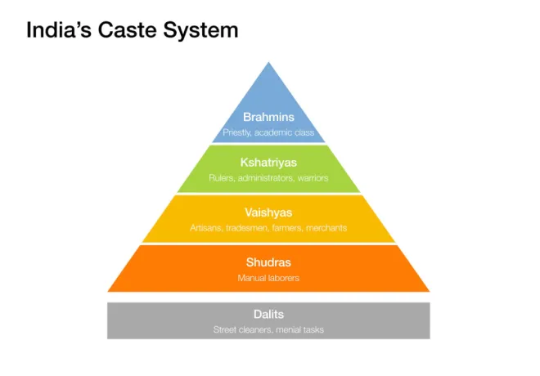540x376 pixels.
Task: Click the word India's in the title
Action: [x=59, y=29]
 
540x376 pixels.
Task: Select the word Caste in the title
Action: [x=127, y=29]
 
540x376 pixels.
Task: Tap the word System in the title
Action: [x=200, y=31]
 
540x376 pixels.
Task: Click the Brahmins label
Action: [x=268, y=117]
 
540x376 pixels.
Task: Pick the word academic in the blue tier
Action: [x=270, y=132]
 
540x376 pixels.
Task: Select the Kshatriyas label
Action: [x=268, y=163]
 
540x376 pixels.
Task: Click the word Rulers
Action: [x=222, y=178]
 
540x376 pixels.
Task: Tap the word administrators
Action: [x=266, y=178]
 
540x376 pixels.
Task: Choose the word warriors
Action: [x=313, y=178]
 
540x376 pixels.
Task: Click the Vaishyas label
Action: [x=268, y=213]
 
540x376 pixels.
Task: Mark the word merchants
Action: [x=326, y=228]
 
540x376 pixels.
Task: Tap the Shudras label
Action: [x=268, y=262]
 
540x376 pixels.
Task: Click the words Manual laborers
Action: [x=268, y=278]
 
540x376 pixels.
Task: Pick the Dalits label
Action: [x=268, y=315]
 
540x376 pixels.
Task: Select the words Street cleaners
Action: [x=243, y=329]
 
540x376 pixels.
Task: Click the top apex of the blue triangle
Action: [x=268, y=62]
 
